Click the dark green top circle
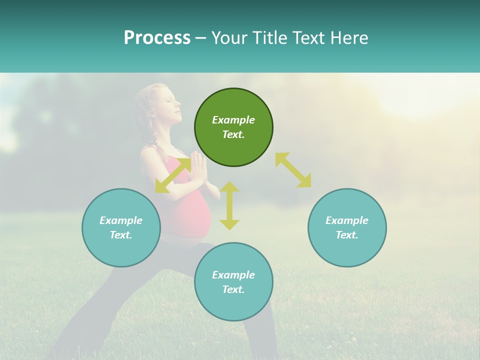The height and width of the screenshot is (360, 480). pyautogui.click(x=233, y=127)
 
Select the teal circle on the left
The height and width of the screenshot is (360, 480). pyautogui.click(x=121, y=227)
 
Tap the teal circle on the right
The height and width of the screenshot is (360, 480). pyautogui.click(x=347, y=227)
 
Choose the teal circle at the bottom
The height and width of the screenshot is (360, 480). pyautogui.click(x=233, y=282)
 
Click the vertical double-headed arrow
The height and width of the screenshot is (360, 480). pyautogui.click(x=229, y=205)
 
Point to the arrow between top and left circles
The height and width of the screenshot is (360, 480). pyautogui.click(x=173, y=175)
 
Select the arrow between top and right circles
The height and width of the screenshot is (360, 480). pyautogui.click(x=293, y=170)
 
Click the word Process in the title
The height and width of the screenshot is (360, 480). pyautogui.click(x=157, y=38)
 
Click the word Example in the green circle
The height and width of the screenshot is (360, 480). pyautogui.click(x=233, y=120)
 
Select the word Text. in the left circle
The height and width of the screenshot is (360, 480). pyautogui.click(x=121, y=235)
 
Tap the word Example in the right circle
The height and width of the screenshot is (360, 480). pyautogui.click(x=347, y=220)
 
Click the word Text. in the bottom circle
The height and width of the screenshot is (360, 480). pyautogui.click(x=233, y=289)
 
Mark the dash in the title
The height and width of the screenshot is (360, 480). pyautogui.click(x=201, y=38)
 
